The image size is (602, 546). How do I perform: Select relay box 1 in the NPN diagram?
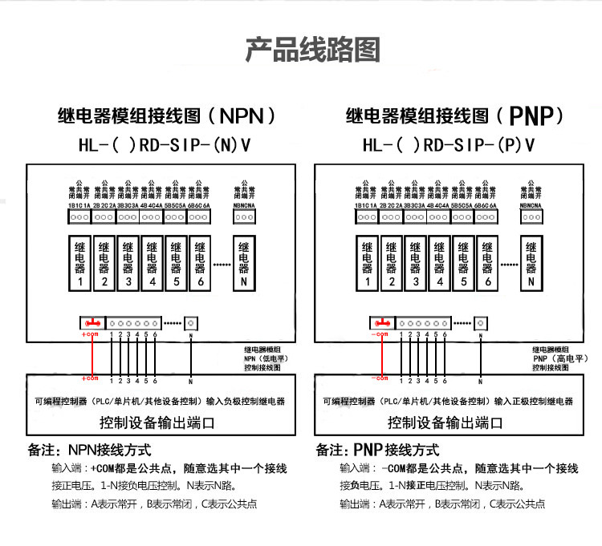pos(80,262)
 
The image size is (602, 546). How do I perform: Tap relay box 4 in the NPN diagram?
pos(153,262)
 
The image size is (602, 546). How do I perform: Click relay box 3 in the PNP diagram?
pos(416,262)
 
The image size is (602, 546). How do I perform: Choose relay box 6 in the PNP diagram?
pos(486,262)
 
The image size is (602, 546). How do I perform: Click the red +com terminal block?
pos(92,322)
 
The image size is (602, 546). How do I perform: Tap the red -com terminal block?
pos(380,322)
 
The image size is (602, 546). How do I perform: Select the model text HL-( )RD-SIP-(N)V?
pos(164,146)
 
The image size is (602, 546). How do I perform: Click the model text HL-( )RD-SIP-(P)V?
pos(449,146)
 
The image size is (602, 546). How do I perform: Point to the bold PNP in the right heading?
pos(535,117)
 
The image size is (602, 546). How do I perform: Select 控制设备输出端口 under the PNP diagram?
pos(445,423)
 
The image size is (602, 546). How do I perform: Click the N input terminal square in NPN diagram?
pos(191,322)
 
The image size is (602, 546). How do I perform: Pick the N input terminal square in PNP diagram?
pos(479,322)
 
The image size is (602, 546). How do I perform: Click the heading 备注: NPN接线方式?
pos(89,451)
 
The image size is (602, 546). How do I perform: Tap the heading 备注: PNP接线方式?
pos(378,451)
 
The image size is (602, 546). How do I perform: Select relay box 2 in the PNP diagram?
pos(391,262)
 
